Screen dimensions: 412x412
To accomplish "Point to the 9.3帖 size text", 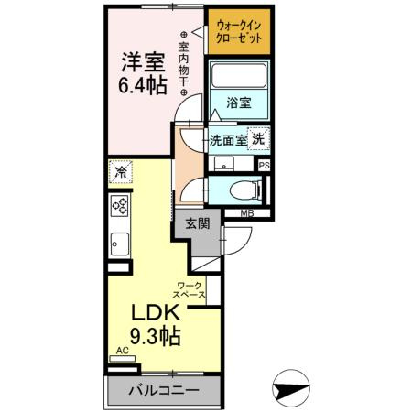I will pyautogui.click(x=152, y=336).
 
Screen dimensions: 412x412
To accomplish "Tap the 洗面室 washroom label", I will pyautogui.click(x=228, y=141).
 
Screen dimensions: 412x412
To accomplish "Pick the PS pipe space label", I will pyautogui.click(x=265, y=166).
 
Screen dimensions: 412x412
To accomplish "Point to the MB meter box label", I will pyautogui.click(x=246, y=214).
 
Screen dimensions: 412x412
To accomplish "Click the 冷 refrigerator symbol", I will pyautogui.click(x=120, y=171).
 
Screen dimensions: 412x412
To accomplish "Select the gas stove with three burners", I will pyautogui.click(x=119, y=207).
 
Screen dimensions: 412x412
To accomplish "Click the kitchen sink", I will pyautogui.click(x=119, y=244).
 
